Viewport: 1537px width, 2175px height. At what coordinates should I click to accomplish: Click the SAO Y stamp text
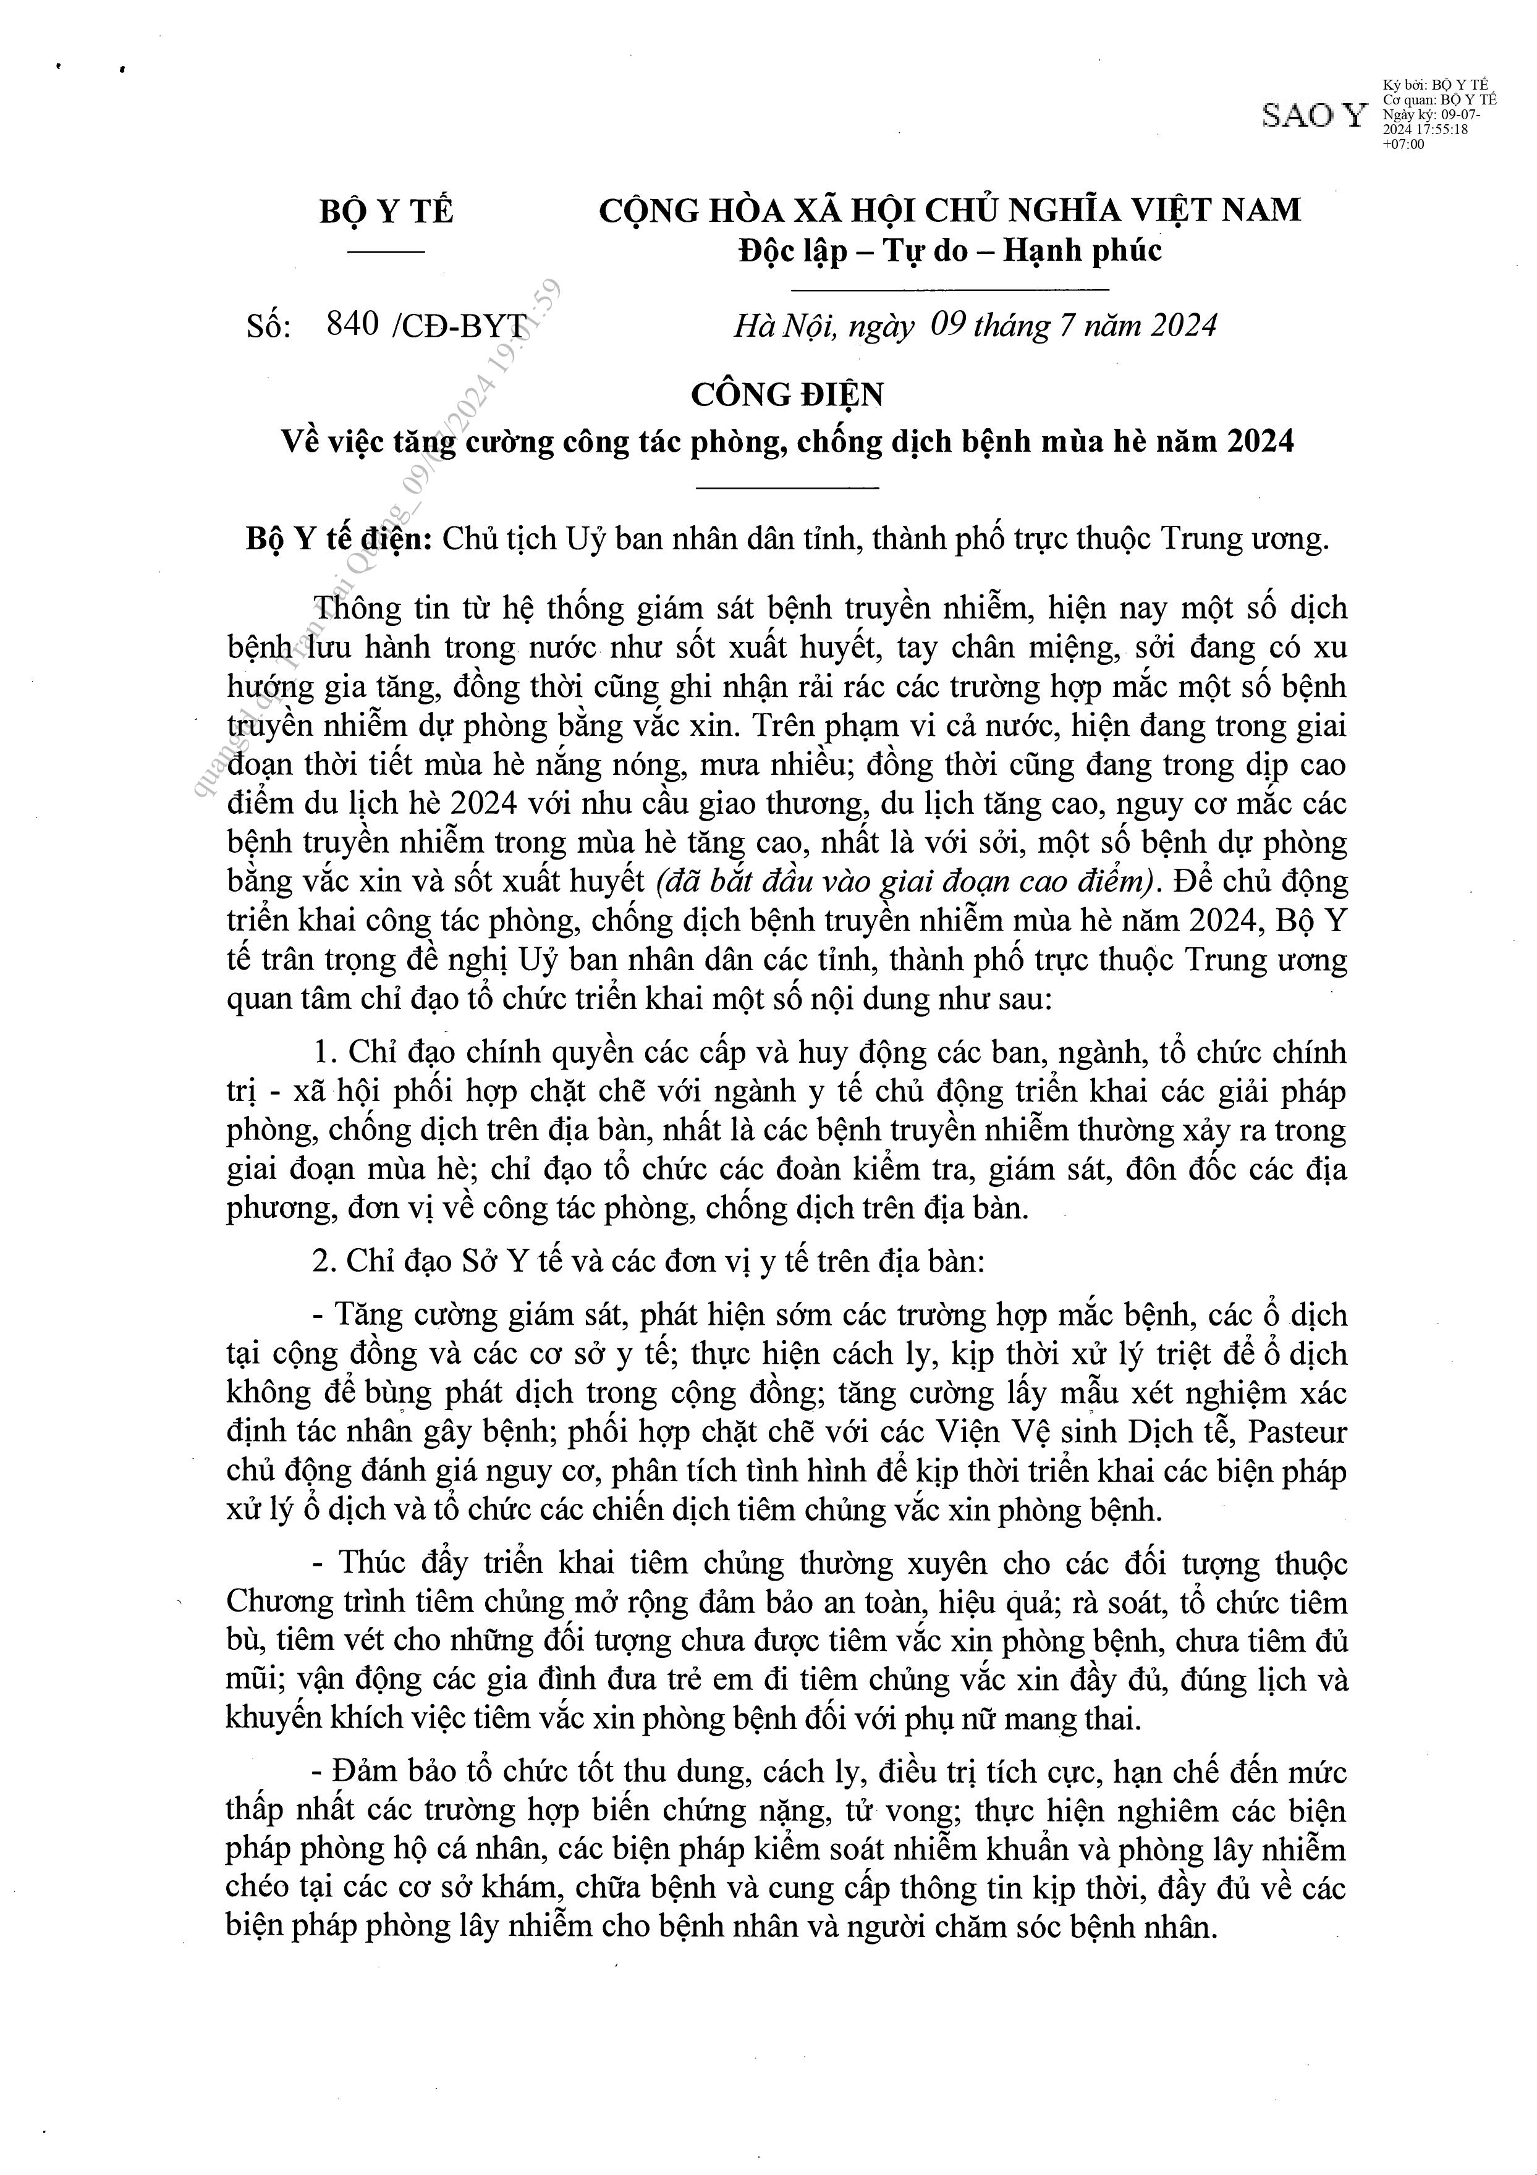point(1313,115)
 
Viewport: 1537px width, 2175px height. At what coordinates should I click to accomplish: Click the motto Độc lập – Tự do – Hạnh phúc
point(949,250)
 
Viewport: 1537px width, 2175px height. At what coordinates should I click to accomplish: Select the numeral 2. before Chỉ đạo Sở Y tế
point(325,1262)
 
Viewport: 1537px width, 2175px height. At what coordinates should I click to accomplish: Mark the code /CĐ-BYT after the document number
point(457,325)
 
